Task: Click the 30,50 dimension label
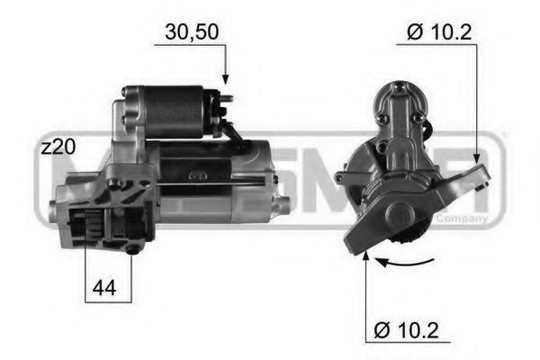click(x=191, y=32)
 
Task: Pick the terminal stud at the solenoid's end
click(x=228, y=98)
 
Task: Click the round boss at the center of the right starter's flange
click(x=396, y=215)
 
